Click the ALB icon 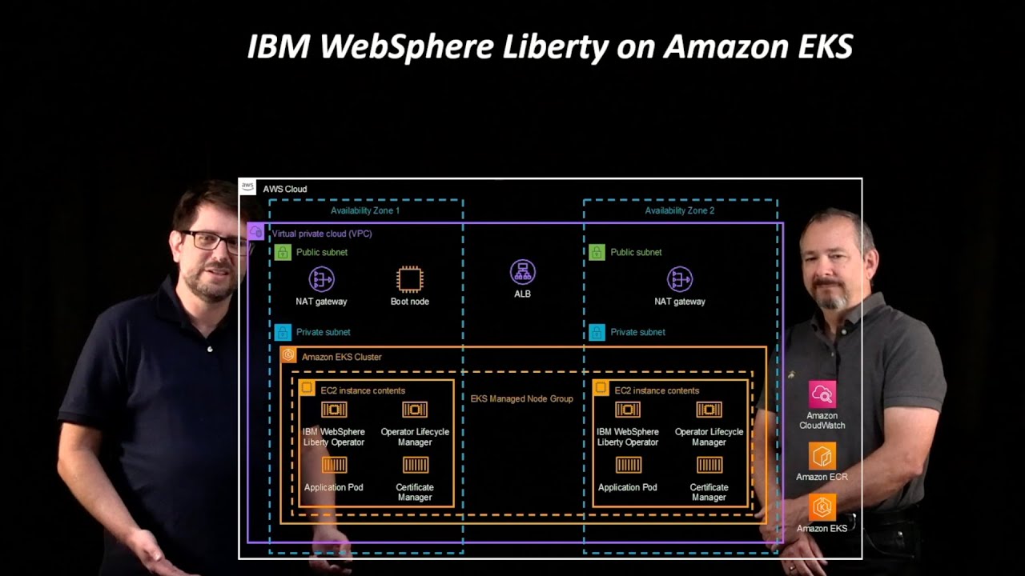click(523, 272)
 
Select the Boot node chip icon click(409, 279)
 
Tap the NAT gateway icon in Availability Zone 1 click(321, 279)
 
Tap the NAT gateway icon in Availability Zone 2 click(680, 279)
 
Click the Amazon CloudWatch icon click(822, 394)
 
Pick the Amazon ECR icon click(822, 456)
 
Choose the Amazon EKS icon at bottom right click(822, 507)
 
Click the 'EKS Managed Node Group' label click(521, 398)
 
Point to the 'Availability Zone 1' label click(365, 210)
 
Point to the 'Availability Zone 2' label click(680, 210)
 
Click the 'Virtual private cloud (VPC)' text click(322, 234)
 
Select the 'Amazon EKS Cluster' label click(341, 357)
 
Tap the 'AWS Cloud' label click(285, 190)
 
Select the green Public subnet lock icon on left click(283, 253)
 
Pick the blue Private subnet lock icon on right click(597, 332)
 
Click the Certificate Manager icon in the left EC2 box click(415, 465)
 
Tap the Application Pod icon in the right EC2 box click(628, 465)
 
